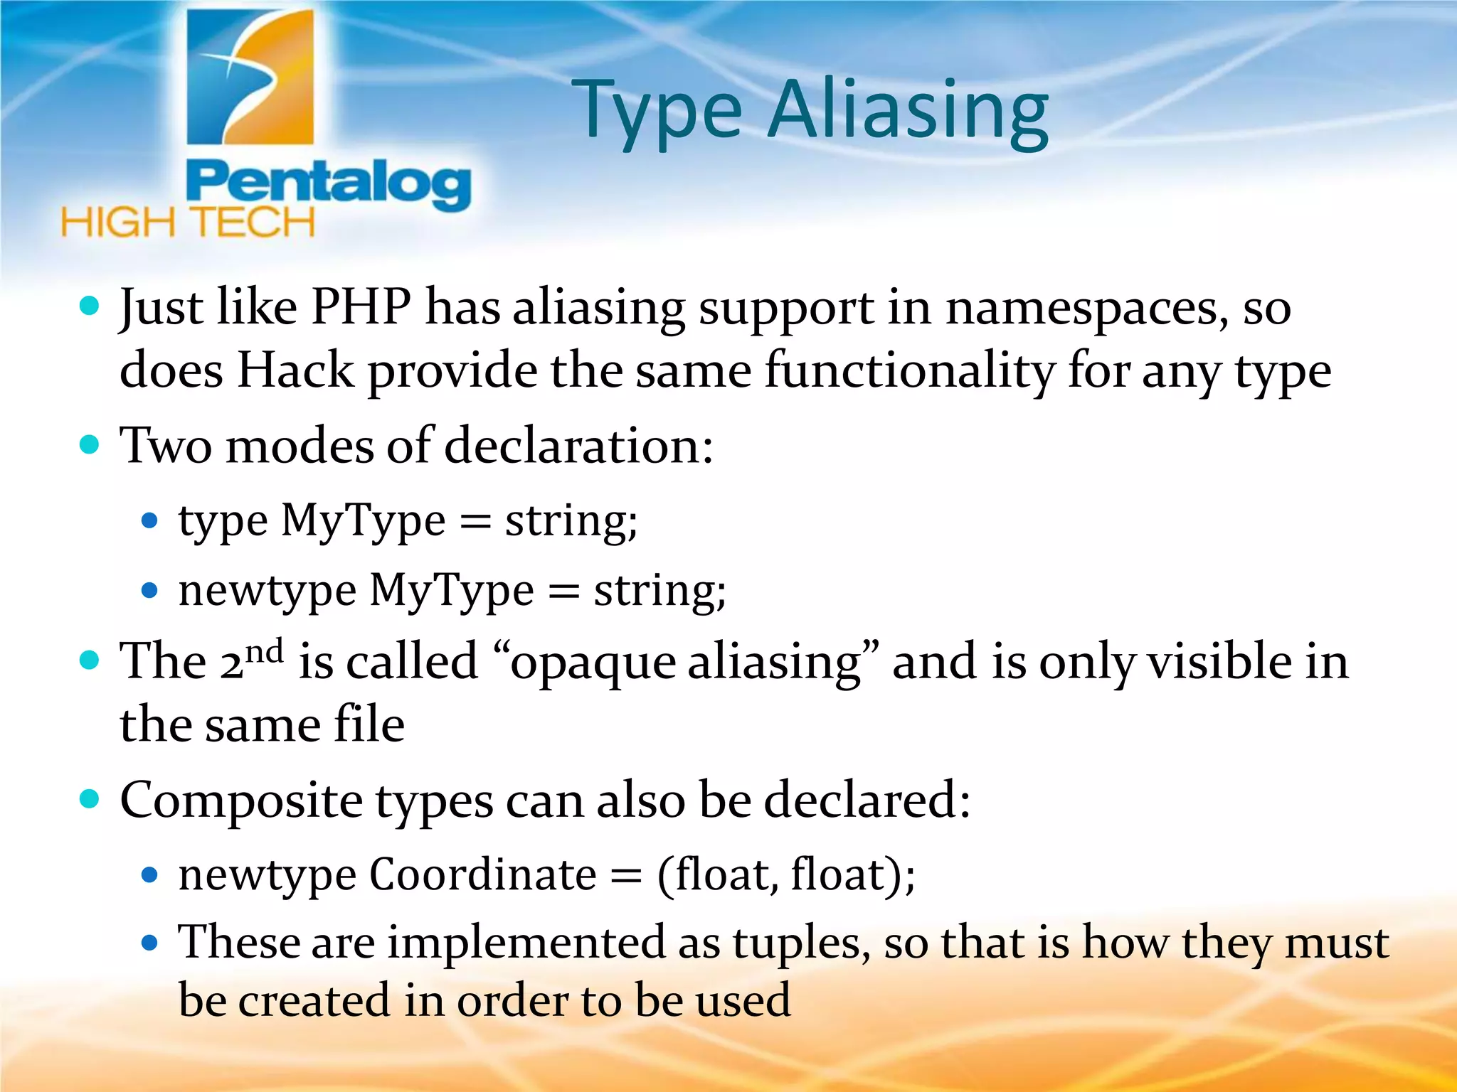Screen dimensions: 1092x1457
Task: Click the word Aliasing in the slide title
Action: click(x=908, y=110)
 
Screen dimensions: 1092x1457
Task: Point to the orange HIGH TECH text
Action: click(x=188, y=223)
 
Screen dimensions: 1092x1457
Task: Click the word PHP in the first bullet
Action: click(x=361, y=307)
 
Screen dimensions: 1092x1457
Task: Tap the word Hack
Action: click(x=295, y=370)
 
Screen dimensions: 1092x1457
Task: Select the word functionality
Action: click(x=911, y=370)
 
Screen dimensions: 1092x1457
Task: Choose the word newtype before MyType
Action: click(x=267, y=591)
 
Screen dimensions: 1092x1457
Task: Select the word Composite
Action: click(x=241, y=801)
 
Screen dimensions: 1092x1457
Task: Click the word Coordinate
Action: click(x=483, y=874)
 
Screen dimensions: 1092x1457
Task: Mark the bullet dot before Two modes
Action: click(x=90, y=445)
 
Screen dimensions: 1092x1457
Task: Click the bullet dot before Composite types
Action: click(x=90, y=799)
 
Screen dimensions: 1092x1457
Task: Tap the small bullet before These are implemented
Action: click(x=149, y=943)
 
